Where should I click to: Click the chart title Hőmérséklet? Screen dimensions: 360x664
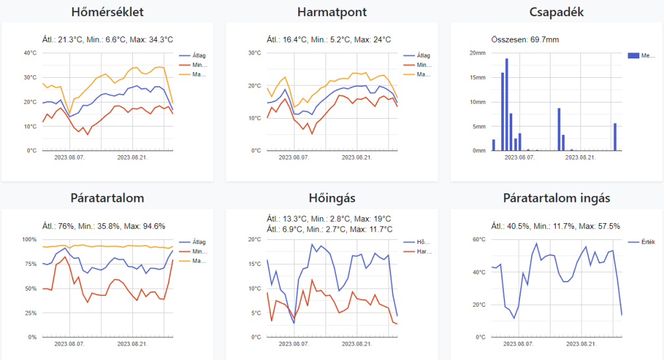click(x=107, y=12)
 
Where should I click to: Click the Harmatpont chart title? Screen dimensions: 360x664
click(x=331, y=12)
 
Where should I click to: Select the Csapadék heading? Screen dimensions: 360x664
click(x=556, y=12)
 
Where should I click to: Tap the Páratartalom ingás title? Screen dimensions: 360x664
click(x=556, y=198)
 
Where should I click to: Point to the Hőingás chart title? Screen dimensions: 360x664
click(x=331, y=198)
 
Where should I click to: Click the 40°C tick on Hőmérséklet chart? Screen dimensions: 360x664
click(x=30, y=53)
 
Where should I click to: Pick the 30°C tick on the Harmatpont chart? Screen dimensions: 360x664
click(x=254, y=53)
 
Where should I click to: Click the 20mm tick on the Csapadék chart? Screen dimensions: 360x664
click(x=477, y=53)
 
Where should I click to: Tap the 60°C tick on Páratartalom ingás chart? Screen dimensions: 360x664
click(x=479, y=239)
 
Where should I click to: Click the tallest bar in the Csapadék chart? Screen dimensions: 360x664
click(x=506, y=104)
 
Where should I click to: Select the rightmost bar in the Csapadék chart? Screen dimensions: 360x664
click(x=615, y=137)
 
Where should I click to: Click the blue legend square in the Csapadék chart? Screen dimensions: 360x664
click(x=633, y=56)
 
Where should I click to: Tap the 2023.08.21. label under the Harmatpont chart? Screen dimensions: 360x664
click(x=357, y=157)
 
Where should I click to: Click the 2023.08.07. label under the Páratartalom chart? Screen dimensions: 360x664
click(x=69, y=343)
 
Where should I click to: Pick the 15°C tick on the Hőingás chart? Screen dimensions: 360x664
click(x=254, y=264)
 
